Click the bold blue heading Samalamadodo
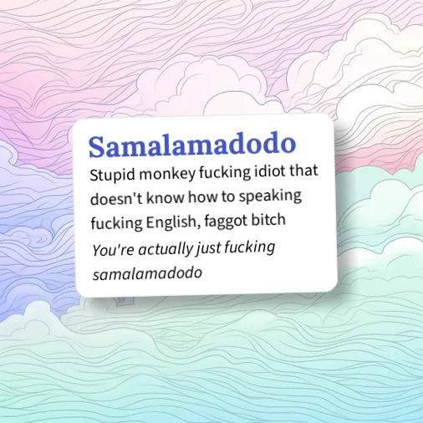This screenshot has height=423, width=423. click(191, 146)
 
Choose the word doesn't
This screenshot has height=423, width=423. click(115, 199)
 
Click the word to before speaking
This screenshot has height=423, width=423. click(230, 199)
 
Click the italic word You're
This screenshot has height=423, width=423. click(110, 249)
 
